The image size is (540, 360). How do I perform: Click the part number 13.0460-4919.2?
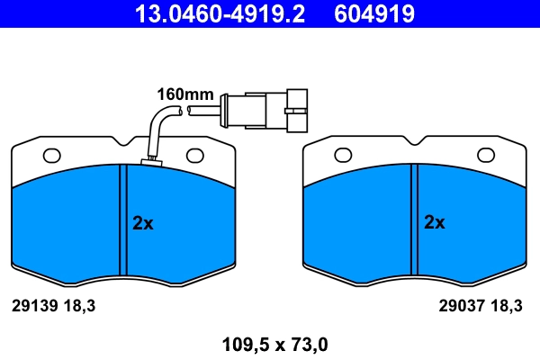(220, 14)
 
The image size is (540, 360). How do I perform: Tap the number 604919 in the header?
(374, 14)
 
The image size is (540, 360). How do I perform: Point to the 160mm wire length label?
(185, 94)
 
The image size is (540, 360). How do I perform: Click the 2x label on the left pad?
(143, 223)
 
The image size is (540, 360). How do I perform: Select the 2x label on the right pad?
(435, 222)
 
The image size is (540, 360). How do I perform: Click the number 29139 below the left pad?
(34, 306)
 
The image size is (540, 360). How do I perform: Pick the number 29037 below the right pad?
(462, 306)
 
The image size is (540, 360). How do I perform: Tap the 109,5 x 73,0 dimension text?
(274, 345)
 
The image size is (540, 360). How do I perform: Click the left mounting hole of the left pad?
(51, 156)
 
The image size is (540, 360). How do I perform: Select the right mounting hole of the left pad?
(195, 156)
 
